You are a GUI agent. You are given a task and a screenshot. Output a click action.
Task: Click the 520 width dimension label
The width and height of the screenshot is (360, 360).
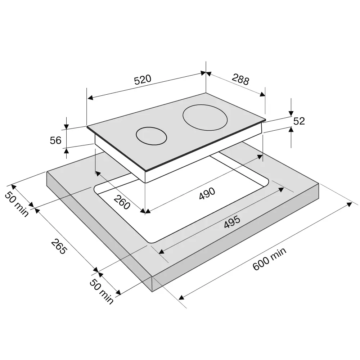tap(143, 80)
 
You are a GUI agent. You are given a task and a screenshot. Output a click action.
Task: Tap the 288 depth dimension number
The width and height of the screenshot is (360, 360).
tap(240, 79)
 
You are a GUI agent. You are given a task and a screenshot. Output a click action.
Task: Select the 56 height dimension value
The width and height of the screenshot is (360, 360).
tap(55, 140)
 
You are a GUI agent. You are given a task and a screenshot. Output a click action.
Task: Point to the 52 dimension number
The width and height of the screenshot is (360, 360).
tap(299, 121)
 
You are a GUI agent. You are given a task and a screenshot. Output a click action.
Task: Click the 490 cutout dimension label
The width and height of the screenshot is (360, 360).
tap(207, 193)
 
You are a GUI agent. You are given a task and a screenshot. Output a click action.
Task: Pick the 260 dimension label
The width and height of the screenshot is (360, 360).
tap(122, 202)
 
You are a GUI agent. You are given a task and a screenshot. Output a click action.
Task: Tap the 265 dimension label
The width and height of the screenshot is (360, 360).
tap(59, 246)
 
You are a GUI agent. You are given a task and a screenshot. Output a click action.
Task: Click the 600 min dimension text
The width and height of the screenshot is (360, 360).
tap(269, 259)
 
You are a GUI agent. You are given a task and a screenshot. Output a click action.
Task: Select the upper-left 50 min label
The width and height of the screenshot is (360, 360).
tap(17, 204)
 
